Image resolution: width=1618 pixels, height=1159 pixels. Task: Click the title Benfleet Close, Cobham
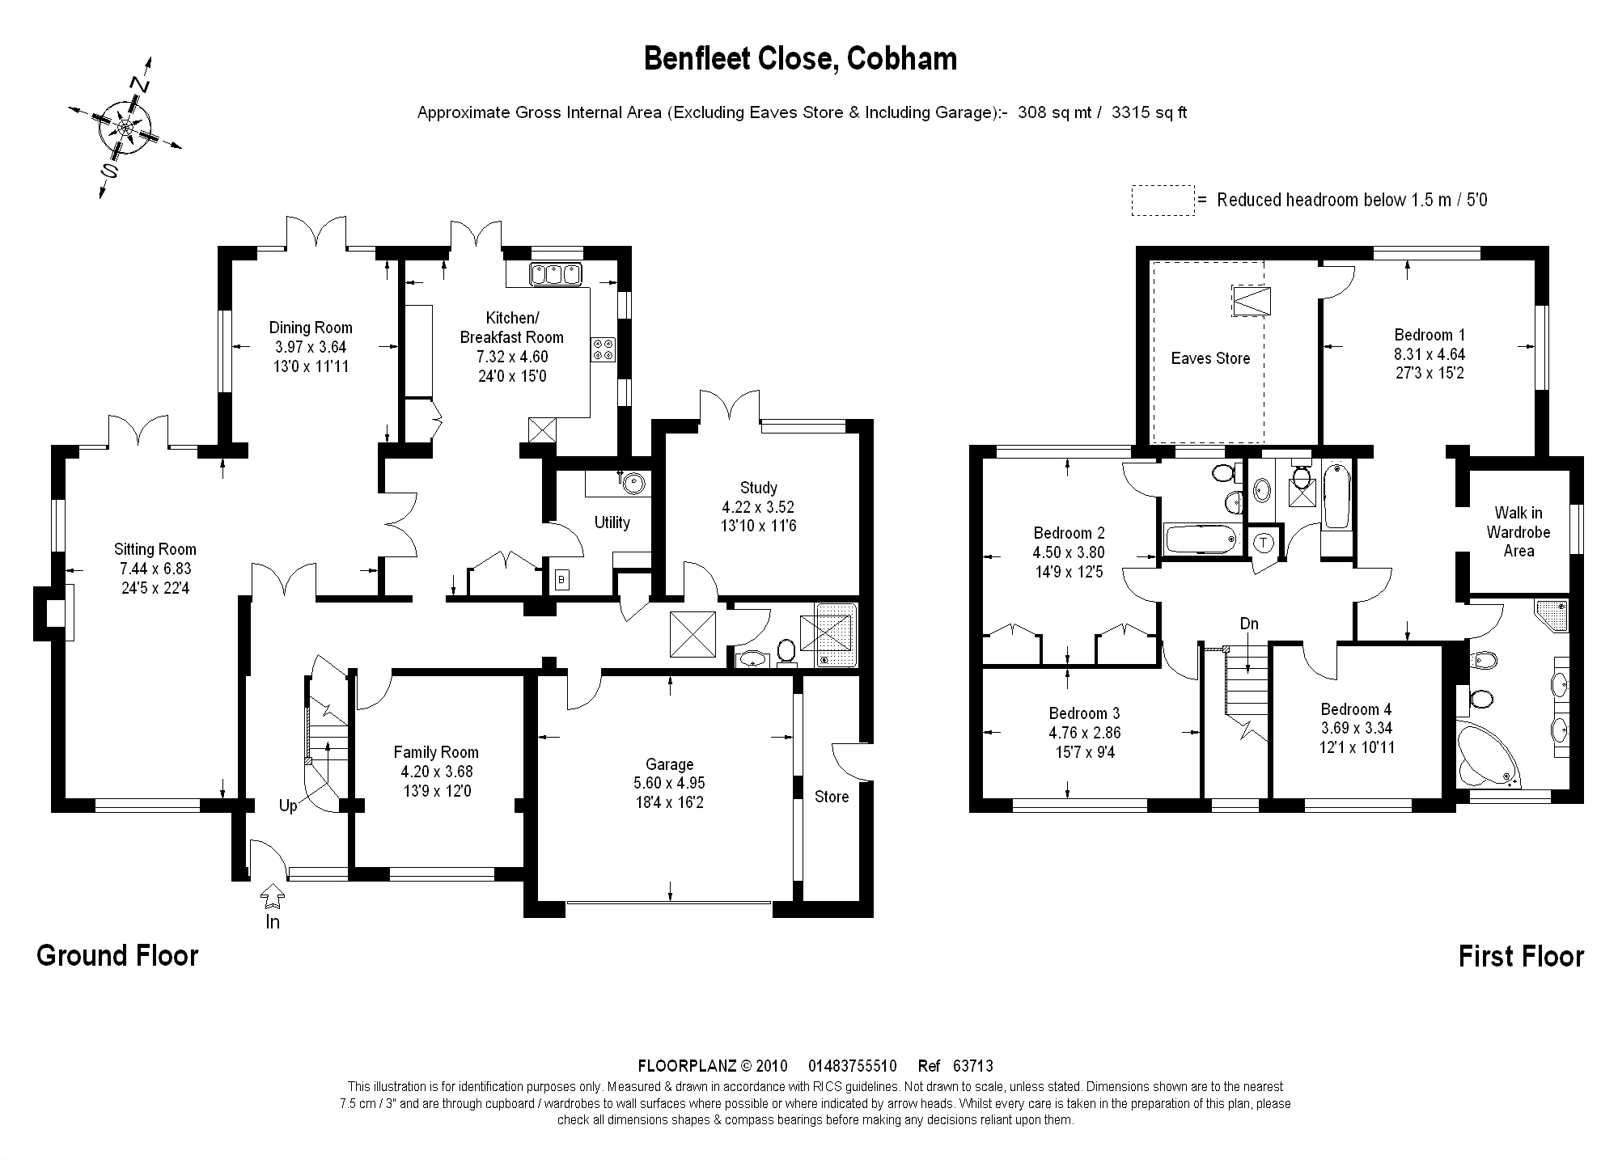pos(800,59)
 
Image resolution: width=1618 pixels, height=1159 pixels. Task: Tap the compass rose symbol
pos(125,128)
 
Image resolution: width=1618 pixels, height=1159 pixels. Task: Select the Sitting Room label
pos(155,550)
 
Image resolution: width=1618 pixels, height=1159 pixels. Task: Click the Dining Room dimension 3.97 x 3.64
pos(311,347)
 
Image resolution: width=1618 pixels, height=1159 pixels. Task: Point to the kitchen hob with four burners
pos(604,349)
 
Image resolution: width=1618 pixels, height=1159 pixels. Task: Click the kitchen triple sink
pos(556,274)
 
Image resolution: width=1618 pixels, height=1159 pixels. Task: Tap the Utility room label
pos(612,522)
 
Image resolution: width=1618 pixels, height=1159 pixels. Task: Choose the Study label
pos(758,488)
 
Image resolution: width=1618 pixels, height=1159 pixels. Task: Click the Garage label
pos(669,764)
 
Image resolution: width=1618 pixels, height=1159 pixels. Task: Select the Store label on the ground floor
pos(832,797)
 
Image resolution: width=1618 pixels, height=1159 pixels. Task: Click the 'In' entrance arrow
pos(273,898)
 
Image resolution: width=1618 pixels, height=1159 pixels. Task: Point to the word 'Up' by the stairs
pos(288,806)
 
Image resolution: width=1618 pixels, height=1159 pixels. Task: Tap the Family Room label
pos(436,752)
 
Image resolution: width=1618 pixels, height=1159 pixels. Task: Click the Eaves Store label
pos(1210,358)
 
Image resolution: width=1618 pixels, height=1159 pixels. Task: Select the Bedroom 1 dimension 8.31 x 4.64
pos(1430,354)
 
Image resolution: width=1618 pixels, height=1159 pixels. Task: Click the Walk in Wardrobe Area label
pos(1518,531)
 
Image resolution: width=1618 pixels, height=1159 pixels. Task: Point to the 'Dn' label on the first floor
pos(1249,624)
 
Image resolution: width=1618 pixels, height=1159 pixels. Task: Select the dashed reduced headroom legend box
pos(1163,201)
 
